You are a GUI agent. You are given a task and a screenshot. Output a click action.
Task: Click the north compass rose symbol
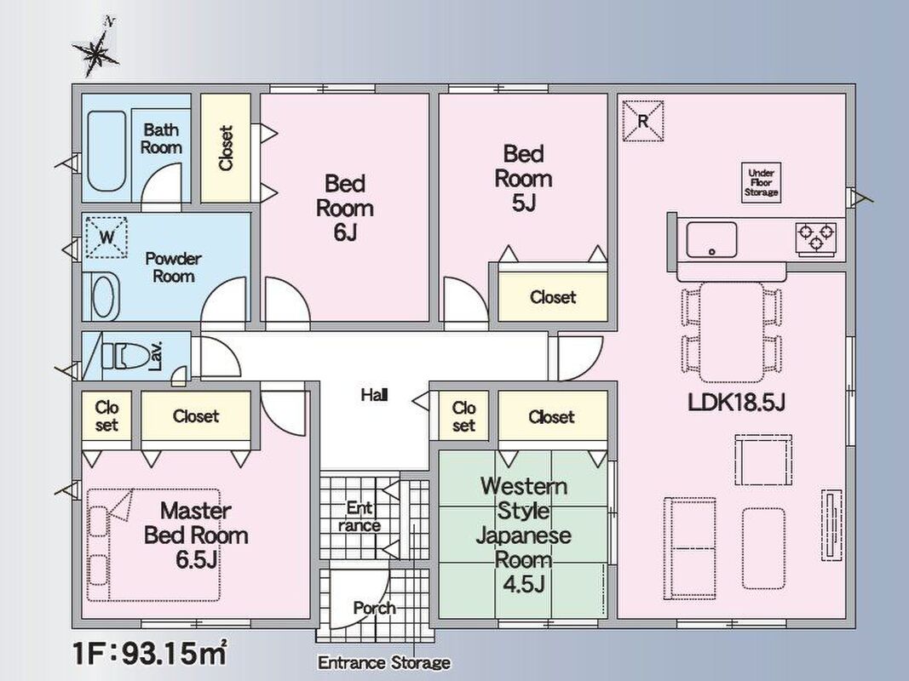coord(95,51)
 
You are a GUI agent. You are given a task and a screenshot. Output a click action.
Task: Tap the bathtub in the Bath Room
coord(106,152)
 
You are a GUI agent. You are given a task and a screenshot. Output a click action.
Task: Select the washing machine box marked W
coord(106,237)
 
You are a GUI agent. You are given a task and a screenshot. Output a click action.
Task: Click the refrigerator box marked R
coord(643,121)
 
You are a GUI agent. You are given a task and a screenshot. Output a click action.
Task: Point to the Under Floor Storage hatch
coord(761,182)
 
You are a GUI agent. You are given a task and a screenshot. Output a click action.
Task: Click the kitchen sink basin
coord(712,240)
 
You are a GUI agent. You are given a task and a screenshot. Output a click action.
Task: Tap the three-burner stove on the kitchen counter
coord(816,237)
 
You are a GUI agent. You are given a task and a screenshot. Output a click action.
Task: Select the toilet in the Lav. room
coord(125,355)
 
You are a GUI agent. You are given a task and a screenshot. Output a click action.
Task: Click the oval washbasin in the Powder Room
coord(105,296)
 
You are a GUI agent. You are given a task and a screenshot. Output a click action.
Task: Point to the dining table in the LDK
coord(732,331)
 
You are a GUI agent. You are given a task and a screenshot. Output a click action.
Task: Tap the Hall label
coord(374,395)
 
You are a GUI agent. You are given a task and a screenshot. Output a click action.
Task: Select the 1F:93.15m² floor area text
coord(150,653)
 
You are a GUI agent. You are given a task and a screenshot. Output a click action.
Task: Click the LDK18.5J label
coord(736,402)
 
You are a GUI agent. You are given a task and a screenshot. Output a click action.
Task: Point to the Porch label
coord(375,608)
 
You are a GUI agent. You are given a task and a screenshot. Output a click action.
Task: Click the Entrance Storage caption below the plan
coord(383,662)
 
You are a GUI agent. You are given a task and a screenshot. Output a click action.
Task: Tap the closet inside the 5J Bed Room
coord(553,296)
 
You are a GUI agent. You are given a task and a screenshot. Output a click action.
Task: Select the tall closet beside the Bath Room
coord(226,147)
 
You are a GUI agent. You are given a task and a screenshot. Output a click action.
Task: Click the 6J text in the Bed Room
coord(344,232)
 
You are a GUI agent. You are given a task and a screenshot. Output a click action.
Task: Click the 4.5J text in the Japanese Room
coord(523,583)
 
